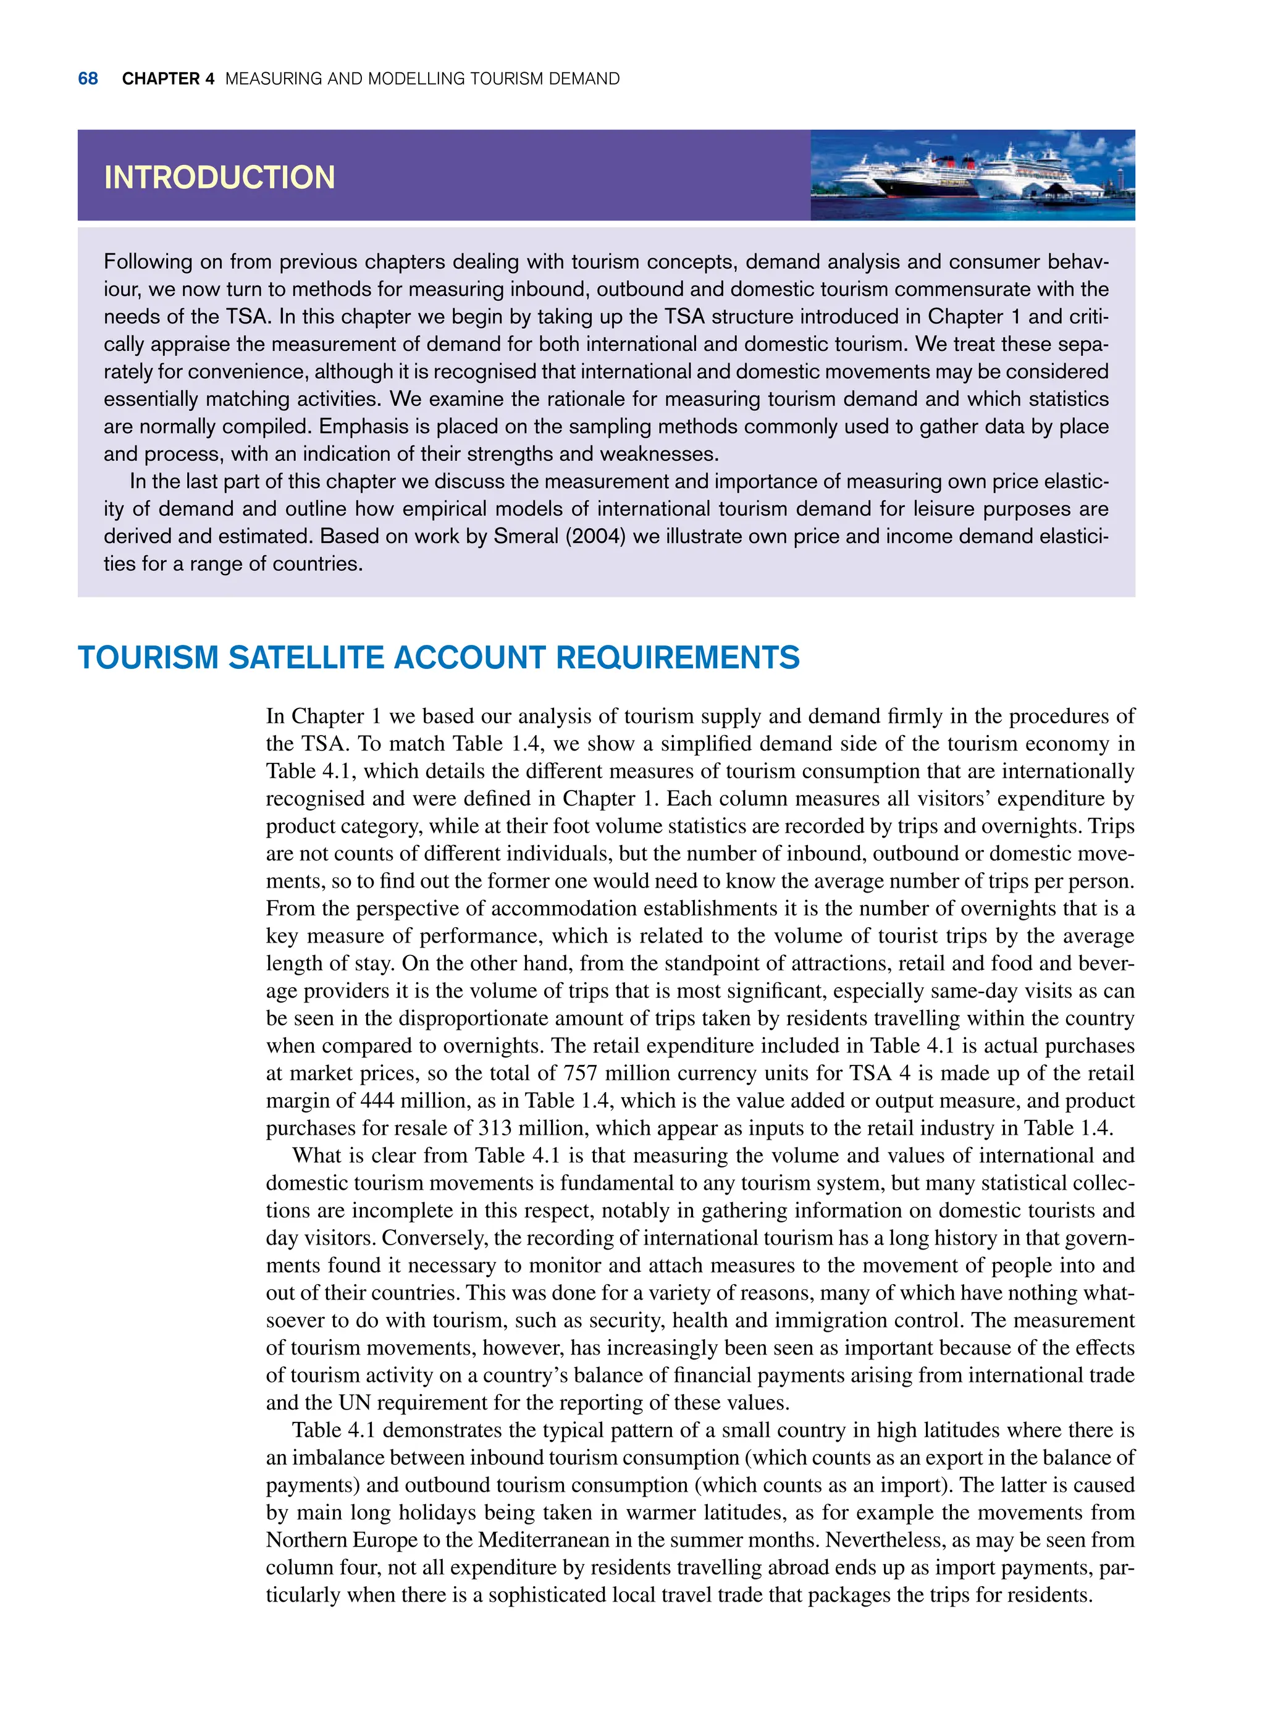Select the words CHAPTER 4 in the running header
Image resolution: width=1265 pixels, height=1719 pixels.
[167, 79]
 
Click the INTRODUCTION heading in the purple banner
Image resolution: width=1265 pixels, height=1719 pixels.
[219, 178]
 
